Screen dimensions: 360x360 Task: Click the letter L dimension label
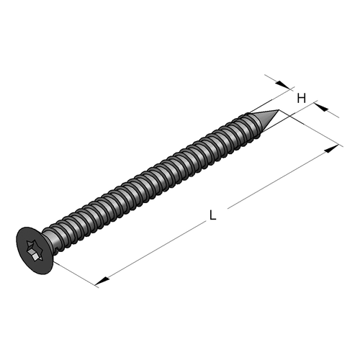point(212,215)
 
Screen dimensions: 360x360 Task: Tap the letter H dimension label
point(302,98)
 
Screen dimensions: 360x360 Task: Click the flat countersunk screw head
point(35,251)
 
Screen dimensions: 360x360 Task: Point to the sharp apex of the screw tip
point(279,110)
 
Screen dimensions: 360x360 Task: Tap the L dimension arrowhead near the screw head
point(102,281)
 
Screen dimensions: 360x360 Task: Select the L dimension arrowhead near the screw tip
point(331,149)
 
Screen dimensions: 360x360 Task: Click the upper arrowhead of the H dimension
point(282,85)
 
